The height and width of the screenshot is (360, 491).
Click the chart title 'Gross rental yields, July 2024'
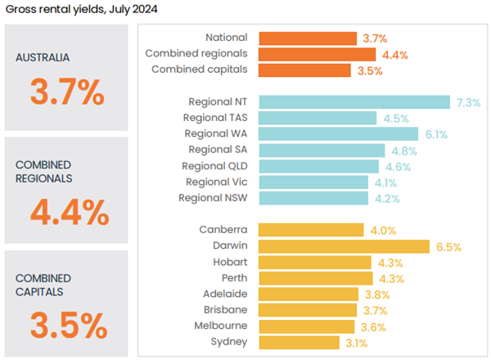(x=81, y=10)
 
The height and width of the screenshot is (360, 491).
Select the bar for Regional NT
(x=354, y=102)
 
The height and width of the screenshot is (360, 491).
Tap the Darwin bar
(x=344, y=245)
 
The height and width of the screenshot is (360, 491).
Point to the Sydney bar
(x=300, y=342)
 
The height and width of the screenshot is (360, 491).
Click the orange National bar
(x=308, y=38)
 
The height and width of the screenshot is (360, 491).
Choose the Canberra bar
(x=311, y=230)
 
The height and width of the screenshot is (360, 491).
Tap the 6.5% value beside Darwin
(x=448, y=245)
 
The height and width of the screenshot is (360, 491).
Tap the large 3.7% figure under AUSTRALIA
(x=67, y=92)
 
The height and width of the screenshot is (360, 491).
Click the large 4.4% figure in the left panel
(x=69, y=213)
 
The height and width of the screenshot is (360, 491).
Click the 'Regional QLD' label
(x=214, y=166)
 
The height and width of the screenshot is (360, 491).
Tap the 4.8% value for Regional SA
(x=403, y=151)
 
